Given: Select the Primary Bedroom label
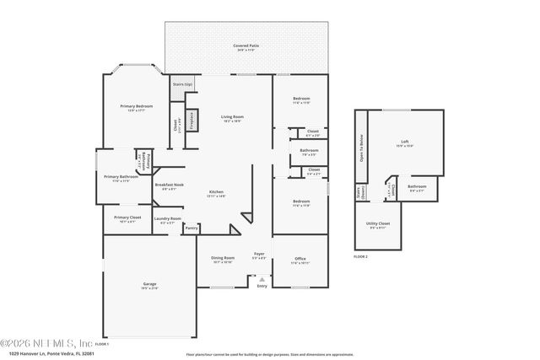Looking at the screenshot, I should point(133,106).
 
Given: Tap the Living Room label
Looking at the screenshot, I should point(232,117).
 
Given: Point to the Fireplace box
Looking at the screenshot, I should point(191,120).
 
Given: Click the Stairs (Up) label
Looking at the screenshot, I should point(182,84).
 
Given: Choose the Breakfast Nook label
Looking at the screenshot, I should point(168,185).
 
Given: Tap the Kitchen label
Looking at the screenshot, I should point(217,191).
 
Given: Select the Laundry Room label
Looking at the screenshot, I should point(167,219).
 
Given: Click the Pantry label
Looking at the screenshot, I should point(192,228).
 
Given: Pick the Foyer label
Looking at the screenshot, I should point(259,253).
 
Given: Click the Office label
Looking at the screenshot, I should point(300,259).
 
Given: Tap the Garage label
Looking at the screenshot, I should point(148,284).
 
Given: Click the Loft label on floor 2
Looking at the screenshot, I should point(405,142).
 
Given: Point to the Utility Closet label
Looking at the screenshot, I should point(377,223).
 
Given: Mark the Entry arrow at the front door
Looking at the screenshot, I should point(262,279).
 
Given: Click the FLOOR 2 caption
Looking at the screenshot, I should point(361,255).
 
